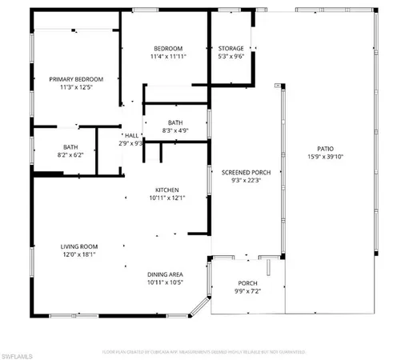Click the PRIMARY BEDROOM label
click(76, 79)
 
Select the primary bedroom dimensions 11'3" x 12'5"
click(76, 88)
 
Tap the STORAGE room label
click(231, 48)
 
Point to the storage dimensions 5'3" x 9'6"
click(231, 57)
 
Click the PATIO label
click(324, 148)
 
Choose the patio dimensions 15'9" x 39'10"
click(324, 157)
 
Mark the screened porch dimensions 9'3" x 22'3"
click(234, 180)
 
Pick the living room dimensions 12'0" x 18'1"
click(78, 254)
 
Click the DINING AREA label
click(166, 274)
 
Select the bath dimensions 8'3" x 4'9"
click(175, 130)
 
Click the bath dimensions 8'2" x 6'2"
click(70, 155)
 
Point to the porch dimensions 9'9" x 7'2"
click(248, 292)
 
